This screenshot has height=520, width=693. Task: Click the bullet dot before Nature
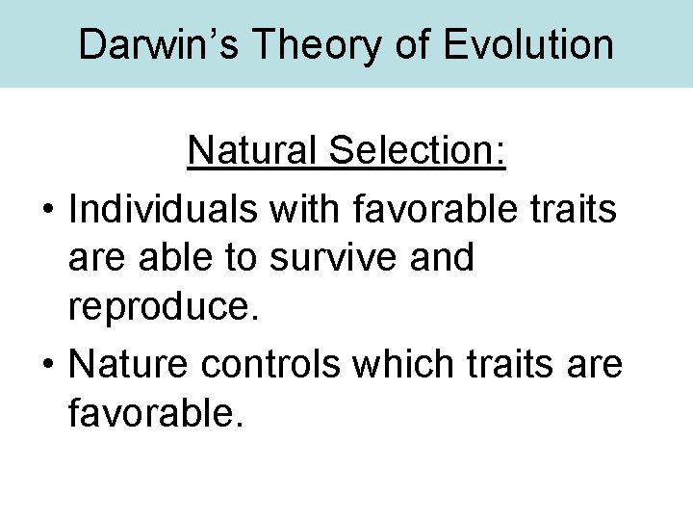pyautogui.click(x=47, y=366)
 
